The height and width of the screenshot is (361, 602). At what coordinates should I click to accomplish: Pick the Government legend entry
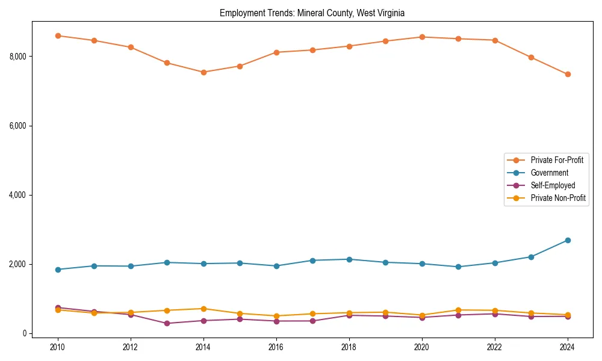[548, 173]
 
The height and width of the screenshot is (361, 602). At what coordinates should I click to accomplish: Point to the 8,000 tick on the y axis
[19, 57]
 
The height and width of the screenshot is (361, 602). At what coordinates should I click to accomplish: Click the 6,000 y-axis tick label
[19, 126]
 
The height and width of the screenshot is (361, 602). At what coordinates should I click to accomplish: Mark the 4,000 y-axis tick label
[19, 195]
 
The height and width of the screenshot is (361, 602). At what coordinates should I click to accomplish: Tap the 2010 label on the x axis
[58, 347]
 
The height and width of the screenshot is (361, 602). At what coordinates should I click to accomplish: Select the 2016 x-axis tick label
[276, 347]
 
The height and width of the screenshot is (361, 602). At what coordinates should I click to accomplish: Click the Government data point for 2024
[568, 240]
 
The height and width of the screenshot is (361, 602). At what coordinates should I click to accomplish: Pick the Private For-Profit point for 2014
[203, 72]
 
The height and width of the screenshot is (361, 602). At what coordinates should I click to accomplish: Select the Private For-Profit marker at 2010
[58, 35]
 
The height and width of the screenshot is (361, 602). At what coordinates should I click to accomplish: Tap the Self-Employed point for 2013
[167, 323]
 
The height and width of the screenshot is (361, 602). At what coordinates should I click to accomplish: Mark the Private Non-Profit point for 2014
[203, 309]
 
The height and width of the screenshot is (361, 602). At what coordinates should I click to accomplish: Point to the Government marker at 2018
[349, 259]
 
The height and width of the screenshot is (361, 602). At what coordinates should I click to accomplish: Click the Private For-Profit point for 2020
[422, 37]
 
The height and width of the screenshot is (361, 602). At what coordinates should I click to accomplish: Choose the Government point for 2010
[58, 270]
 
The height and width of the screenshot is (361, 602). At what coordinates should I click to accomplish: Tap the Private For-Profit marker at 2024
[568, 74]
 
